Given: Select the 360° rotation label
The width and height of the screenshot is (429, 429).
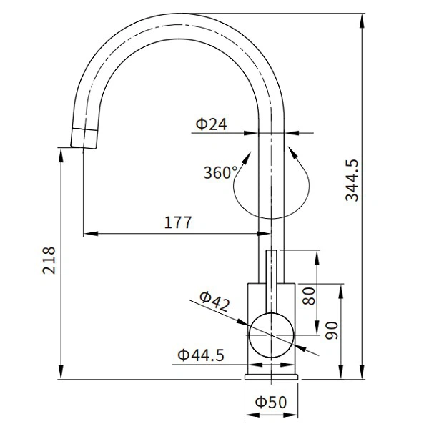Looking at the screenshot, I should coord(220,172).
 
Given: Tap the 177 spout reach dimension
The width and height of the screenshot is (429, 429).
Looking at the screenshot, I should coord(177,222).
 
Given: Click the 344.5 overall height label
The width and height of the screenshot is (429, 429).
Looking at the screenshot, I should coord(352,179).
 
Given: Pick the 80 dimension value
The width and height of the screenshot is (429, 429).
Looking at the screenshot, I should coord(309,295).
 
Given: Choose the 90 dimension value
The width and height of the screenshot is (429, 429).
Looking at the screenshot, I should coord(331,330).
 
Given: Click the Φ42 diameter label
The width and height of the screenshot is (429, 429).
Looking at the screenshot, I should coord(214,302).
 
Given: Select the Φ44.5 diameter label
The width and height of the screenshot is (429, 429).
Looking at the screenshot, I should coord(201,354).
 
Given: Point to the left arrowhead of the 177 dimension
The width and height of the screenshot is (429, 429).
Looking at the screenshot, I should coord(87,233).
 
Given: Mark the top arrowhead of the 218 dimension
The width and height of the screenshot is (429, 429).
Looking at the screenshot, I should coord(59,151).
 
